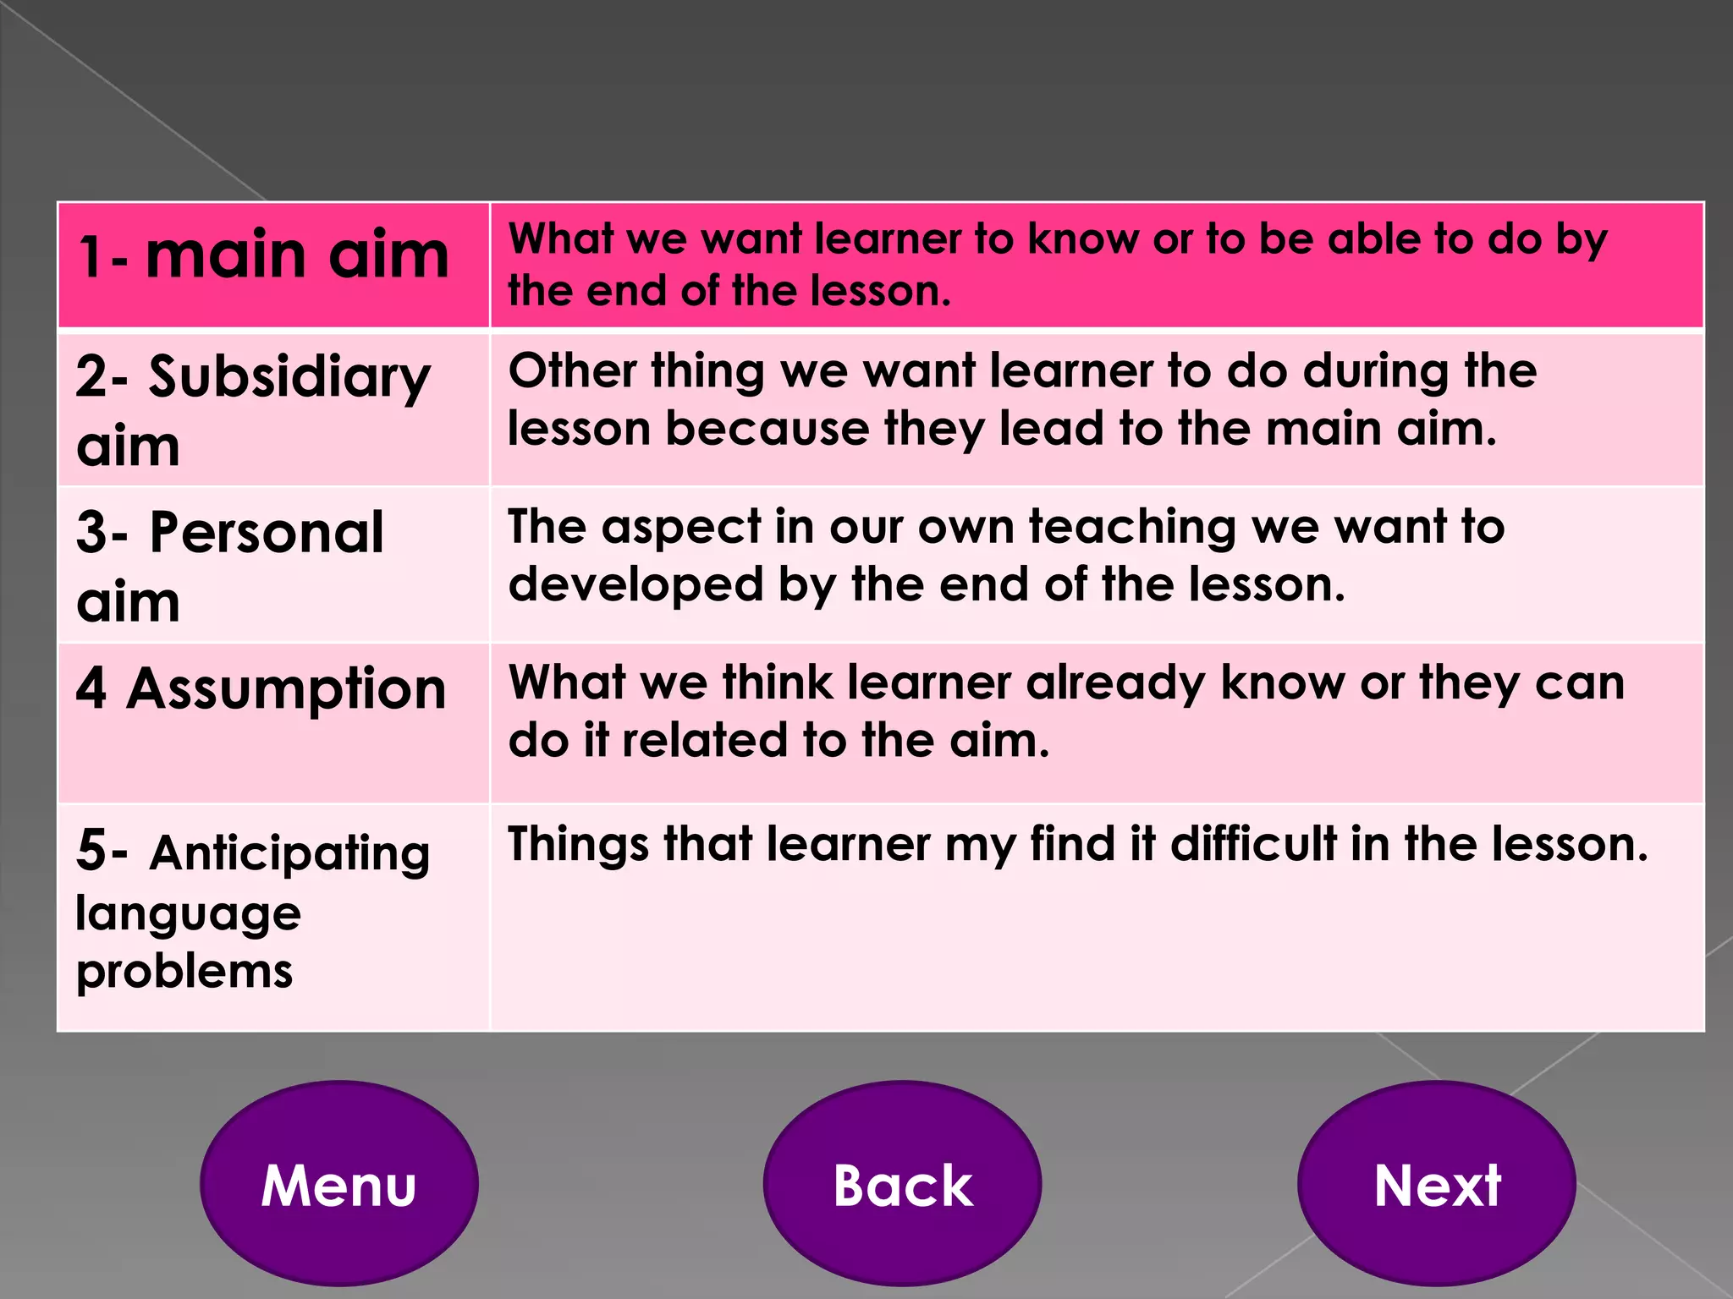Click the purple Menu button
[338, 1184]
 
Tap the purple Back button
[902, 1184]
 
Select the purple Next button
[1437, 1184]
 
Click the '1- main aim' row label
[263, 255]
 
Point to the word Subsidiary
[289, 378]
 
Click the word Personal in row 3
[267, 533]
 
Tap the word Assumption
[286, 689]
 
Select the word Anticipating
[289, 852]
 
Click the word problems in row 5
[184, 971]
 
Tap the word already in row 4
[1116, 683]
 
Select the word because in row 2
[767, 429]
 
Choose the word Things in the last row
[578, 844]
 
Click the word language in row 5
[188, 914]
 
